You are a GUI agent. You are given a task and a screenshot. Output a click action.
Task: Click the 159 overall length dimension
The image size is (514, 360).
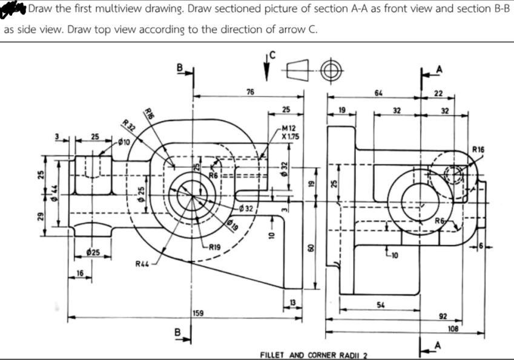point(198,312)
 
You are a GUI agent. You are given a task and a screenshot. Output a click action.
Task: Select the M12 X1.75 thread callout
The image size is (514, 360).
point(289,132)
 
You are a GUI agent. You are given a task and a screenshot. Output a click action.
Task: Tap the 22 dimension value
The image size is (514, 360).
point(439,93)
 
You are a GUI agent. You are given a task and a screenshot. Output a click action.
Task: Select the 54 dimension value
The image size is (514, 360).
point(379,303)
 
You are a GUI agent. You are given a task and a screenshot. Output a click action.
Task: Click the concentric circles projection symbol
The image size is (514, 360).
point(330,70)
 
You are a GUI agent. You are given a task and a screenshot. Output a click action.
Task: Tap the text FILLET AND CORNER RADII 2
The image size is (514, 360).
point(315,354)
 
